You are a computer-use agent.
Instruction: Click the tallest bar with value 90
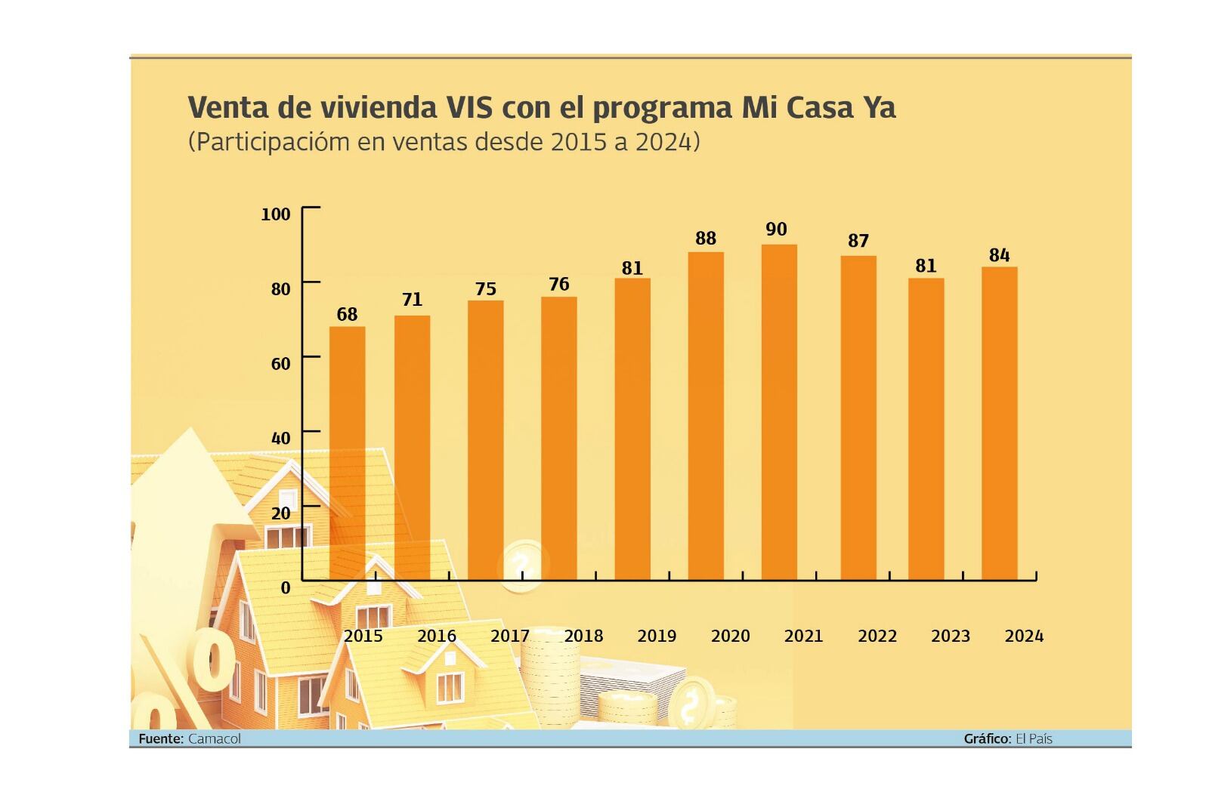point(778,411)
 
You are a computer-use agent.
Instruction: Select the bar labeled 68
point(347,453)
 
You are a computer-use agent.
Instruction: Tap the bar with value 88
point(705,415)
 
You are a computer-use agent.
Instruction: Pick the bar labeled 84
point(999,423)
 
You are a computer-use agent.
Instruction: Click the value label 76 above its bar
point(558,284)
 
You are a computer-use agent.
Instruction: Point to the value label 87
point(858,241)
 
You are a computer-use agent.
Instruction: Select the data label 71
point(412,300)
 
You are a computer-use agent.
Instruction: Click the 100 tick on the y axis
point(276,214)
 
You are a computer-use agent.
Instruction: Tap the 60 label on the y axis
point(280,364)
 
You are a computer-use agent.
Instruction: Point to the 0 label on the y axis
point(285,588)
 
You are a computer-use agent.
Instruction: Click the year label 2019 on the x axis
point(656,636)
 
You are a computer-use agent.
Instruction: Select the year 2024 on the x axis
point(1023,636)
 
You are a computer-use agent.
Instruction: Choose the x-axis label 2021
point(802,636)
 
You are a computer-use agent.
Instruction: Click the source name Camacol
point(214,738)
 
